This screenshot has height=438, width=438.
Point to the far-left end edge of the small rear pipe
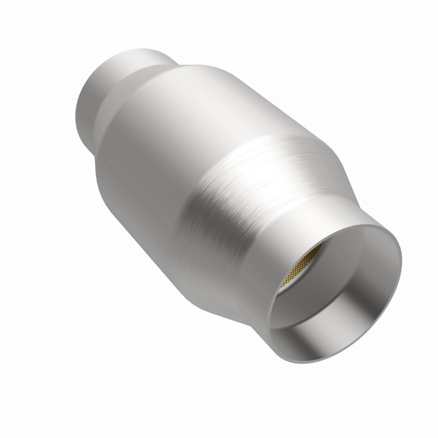tap(77, 113)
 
